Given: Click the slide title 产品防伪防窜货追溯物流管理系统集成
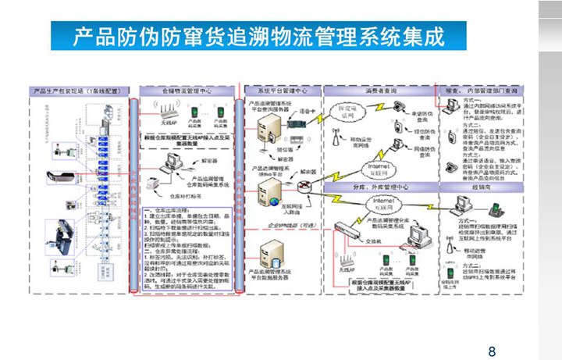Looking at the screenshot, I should tap(258, 36).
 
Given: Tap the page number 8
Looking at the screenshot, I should tap(491, 351).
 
